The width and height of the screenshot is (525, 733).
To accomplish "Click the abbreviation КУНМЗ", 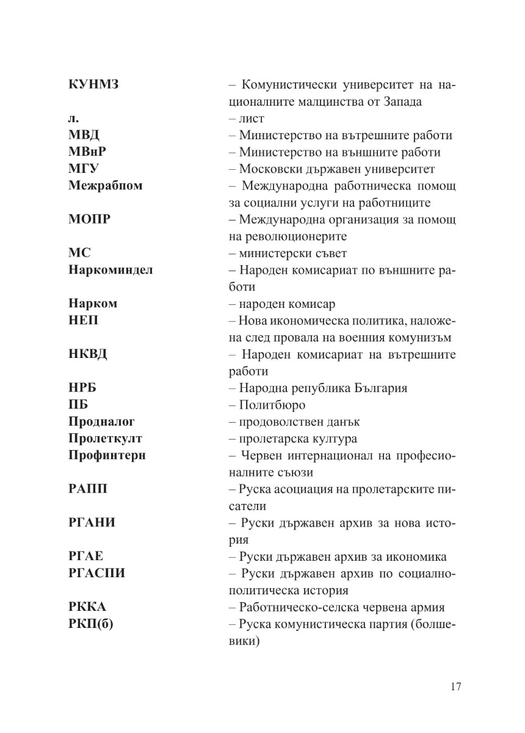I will [93, 85].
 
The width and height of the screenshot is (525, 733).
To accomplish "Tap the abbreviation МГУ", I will [84, 169].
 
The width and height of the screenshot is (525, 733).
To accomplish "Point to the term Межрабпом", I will [106, 186].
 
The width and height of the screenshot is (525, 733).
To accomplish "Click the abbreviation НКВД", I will [88, 354].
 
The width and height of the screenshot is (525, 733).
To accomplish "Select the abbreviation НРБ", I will [83, 388].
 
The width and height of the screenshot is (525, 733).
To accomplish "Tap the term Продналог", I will [101, 421].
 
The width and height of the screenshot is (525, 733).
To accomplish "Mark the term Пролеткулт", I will [105, 439].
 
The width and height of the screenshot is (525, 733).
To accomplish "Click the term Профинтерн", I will [107, 455].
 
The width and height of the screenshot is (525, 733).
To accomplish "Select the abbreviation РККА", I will [87, 607].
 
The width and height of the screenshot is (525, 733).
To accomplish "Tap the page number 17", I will [455, 686].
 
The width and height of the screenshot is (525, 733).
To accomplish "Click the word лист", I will [252, 119].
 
